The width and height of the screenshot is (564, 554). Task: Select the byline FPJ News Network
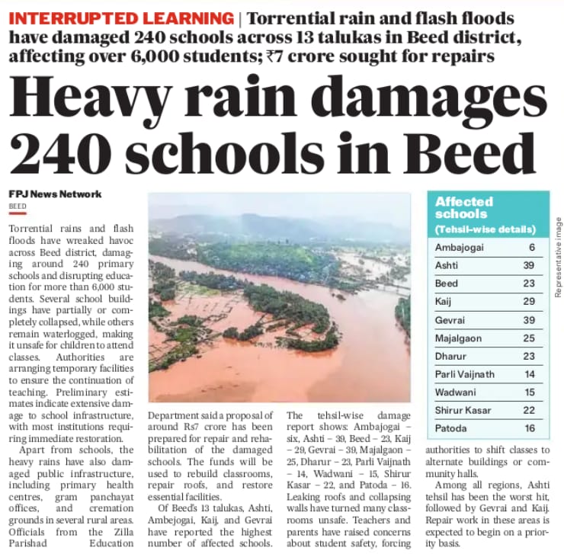pos(55,194)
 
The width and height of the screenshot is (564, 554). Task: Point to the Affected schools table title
pos(464,207)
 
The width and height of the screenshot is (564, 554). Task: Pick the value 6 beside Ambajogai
pos(531,248)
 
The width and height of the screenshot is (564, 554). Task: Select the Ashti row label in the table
pos(448,266)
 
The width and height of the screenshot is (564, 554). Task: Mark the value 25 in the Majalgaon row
pos(530,338)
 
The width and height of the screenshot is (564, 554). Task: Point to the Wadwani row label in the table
pos(457,392)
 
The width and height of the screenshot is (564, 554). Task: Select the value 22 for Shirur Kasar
pos(530,411)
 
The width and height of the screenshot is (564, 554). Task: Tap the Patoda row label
pos(451,429)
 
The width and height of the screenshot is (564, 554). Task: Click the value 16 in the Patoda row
pos(530,429)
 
